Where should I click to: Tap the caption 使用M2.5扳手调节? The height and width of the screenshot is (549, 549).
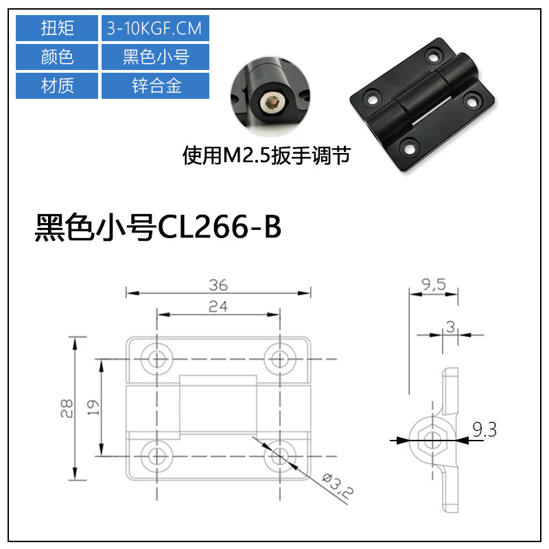coord(266,156)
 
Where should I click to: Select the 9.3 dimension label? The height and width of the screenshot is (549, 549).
coord(484,431)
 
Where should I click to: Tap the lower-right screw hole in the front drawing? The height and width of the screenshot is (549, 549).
coord(279,454)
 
